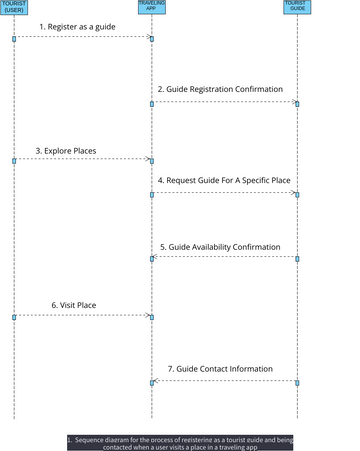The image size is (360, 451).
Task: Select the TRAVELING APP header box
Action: (x=152, y=7)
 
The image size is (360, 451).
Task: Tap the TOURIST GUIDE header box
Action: (x=297, y=7)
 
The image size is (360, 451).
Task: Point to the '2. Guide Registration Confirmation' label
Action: (x=220, y=89)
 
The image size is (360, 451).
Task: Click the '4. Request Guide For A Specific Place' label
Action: (x=224, y=180)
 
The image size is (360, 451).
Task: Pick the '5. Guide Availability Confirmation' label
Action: (x=220, y=246)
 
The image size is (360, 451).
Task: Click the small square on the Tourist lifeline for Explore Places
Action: (x=14, y=160)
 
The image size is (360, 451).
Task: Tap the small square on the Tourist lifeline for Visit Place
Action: (x=14, y=316)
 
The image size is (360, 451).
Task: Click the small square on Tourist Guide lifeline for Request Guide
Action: (x=297, y=194)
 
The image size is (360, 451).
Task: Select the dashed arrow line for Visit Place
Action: (x=80, y=315)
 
